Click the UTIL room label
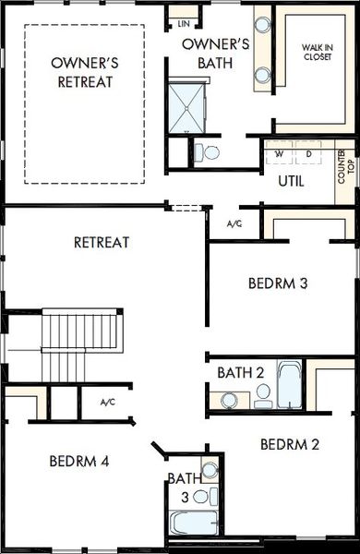point(291,181)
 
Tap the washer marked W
point(279,154)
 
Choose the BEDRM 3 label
point(278,283)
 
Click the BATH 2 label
point(241,372)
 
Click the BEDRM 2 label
point(290,444)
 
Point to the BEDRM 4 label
point(79,460)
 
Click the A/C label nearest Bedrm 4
point(108,403)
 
